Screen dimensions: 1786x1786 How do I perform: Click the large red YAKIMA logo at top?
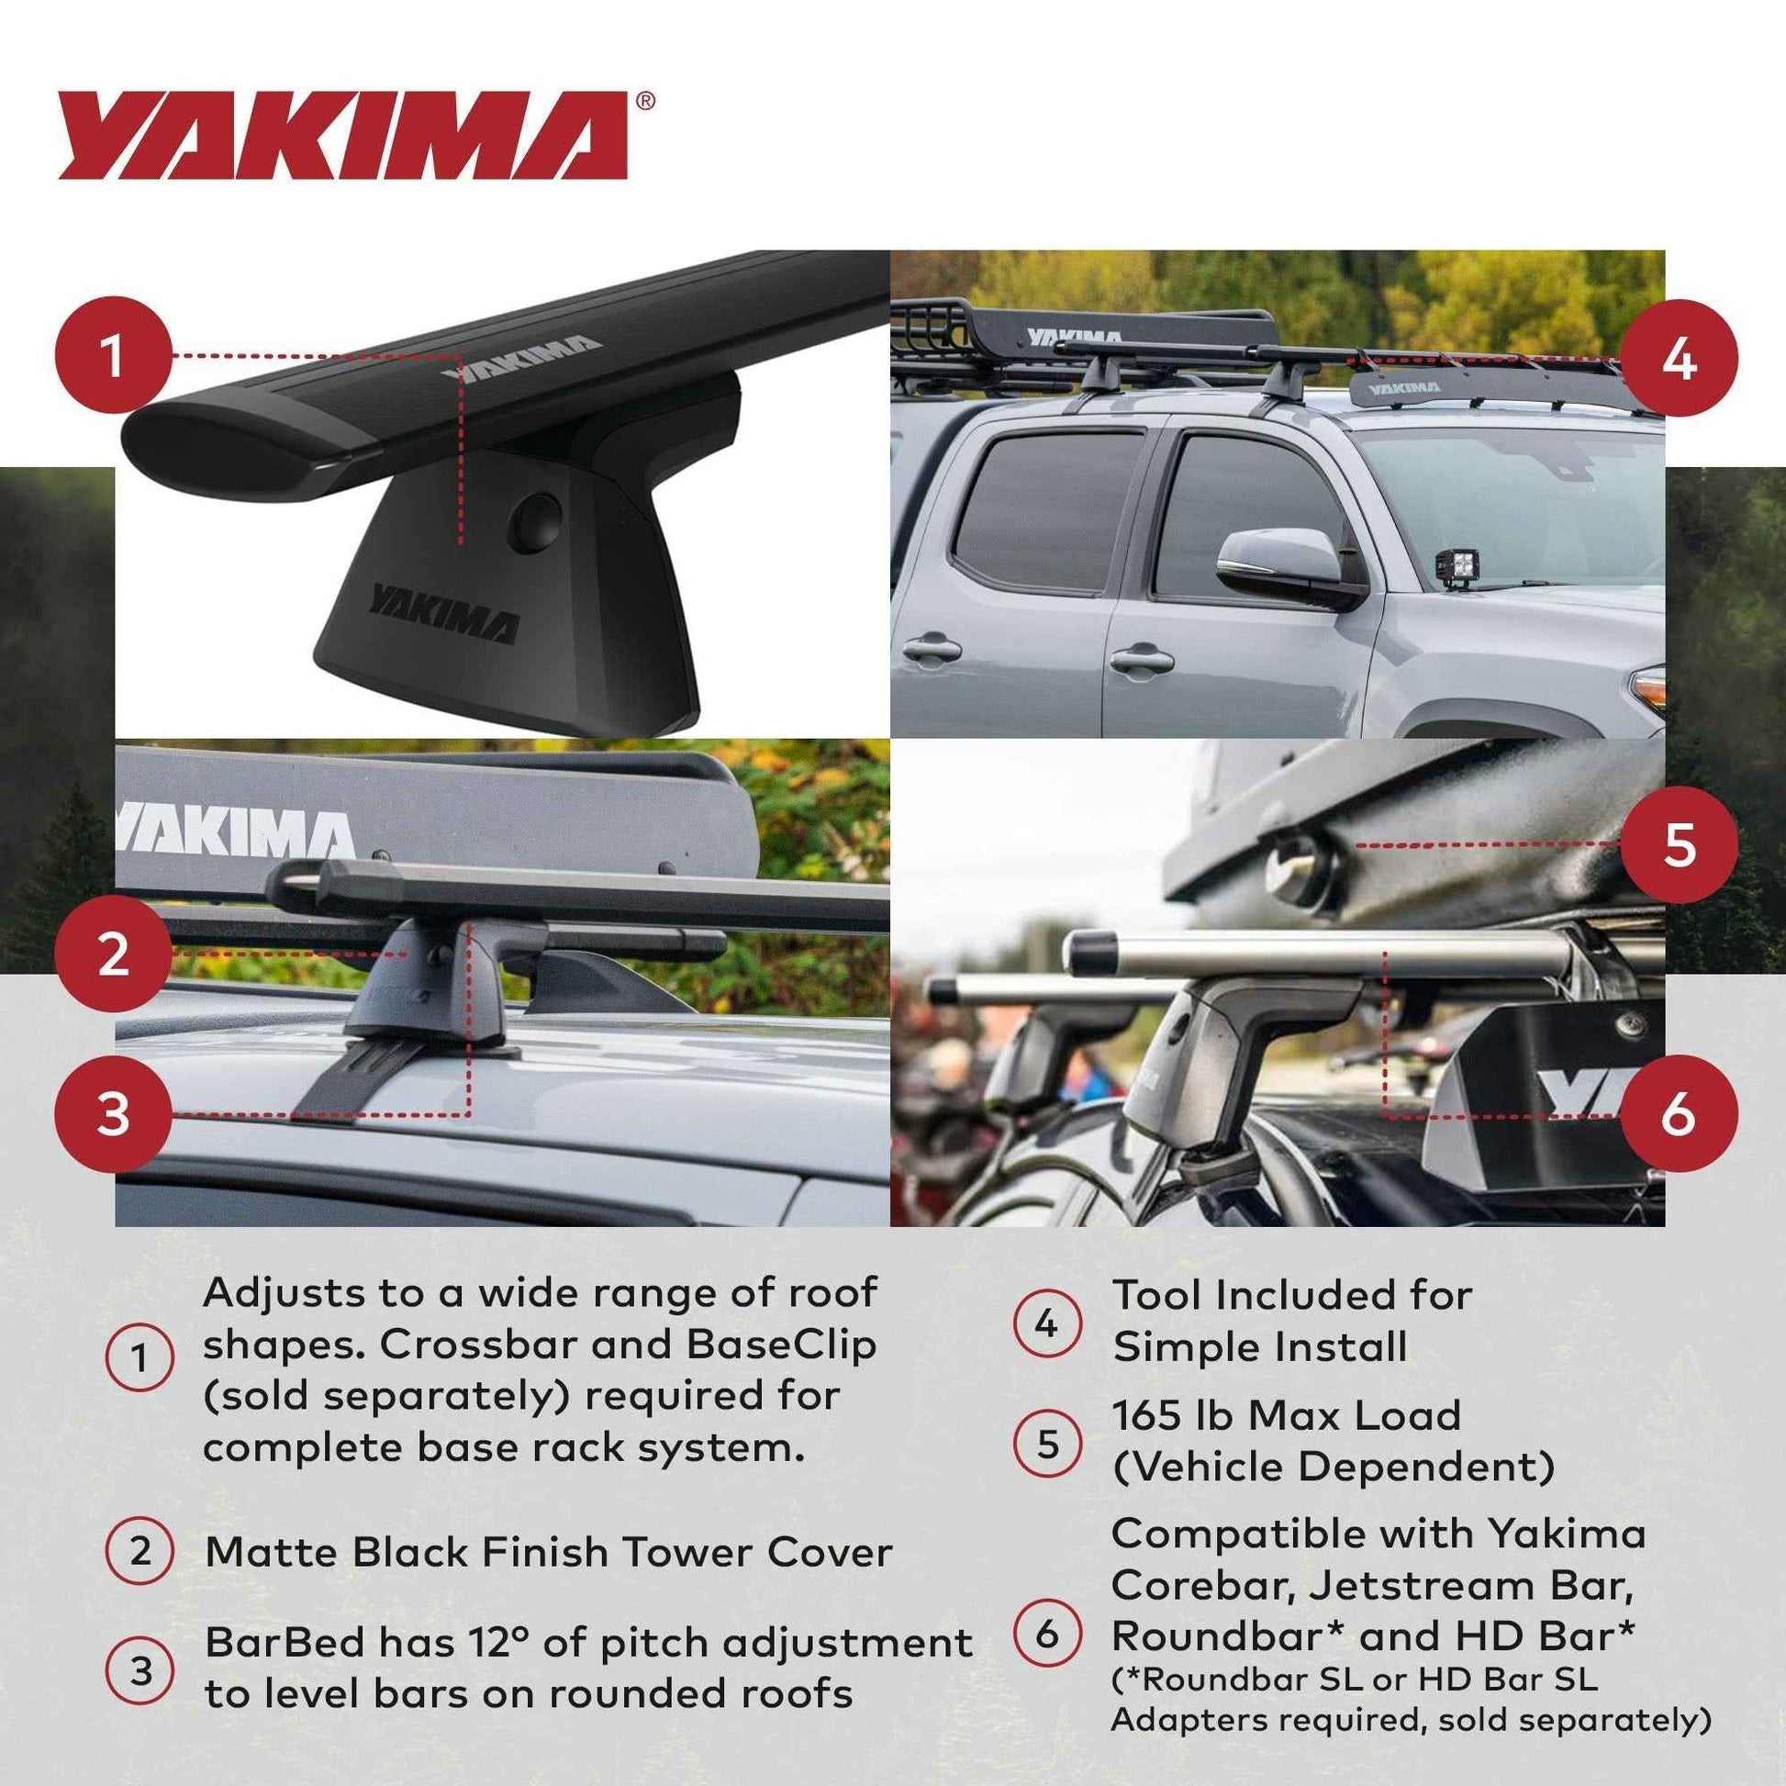[344, 135]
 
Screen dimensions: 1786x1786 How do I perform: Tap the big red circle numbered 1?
[114, 355]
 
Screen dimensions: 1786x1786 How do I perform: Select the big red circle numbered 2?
[114, 953]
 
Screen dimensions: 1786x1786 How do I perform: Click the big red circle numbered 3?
[114, 1114]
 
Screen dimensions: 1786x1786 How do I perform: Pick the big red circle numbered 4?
[1679, 358]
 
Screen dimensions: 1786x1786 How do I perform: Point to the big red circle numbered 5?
[1679, 845]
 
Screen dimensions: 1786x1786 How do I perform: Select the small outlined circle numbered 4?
[1046, 1323]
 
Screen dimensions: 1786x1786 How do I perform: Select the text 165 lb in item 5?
[1170, 1415]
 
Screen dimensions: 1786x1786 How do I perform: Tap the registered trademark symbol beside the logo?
[645, 101]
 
